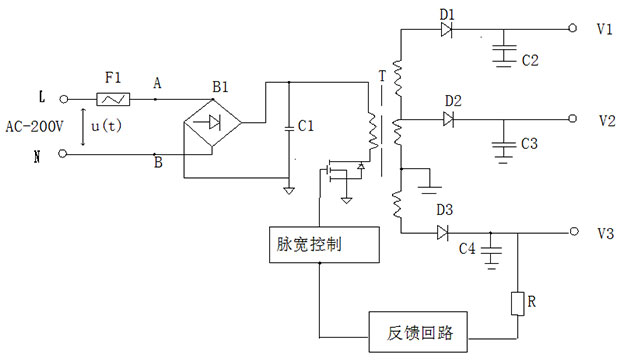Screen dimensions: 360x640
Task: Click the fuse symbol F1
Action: point(111,99)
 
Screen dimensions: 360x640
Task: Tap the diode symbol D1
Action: point(446,29)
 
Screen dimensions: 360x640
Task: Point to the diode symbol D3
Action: point(443,232)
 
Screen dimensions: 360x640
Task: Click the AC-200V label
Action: point(38,127)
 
